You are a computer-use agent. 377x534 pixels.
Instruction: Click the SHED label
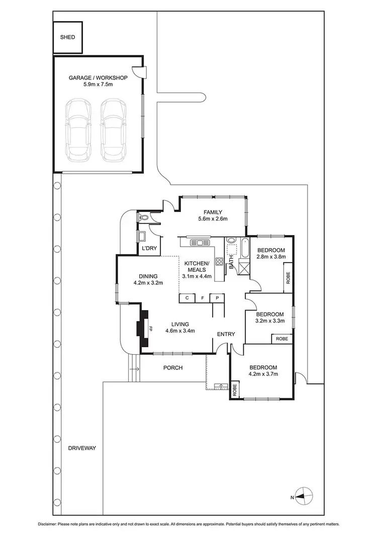[x=67, y=37]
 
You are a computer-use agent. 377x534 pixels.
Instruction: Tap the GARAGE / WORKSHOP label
[x=99, y=78]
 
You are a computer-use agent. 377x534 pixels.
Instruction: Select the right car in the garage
[x=113, y=129]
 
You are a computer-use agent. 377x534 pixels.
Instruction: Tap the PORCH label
[x=173, y=368]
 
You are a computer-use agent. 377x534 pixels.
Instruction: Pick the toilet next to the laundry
[x=144, y=218]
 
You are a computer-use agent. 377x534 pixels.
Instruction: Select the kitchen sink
[x=200, y=243]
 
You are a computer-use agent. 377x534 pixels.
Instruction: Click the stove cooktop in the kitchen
[x=220, y=261]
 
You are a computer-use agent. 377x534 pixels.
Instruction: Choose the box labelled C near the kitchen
[x=187, y=298]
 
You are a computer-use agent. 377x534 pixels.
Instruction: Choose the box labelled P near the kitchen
[x=217, y=298]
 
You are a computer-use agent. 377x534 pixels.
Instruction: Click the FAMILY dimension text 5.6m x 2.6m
[x=213, y=219]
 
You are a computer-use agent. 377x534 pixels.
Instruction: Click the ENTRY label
[x=226, y=334]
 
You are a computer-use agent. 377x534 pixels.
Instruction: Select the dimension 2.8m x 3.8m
[x=271, y=257]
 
